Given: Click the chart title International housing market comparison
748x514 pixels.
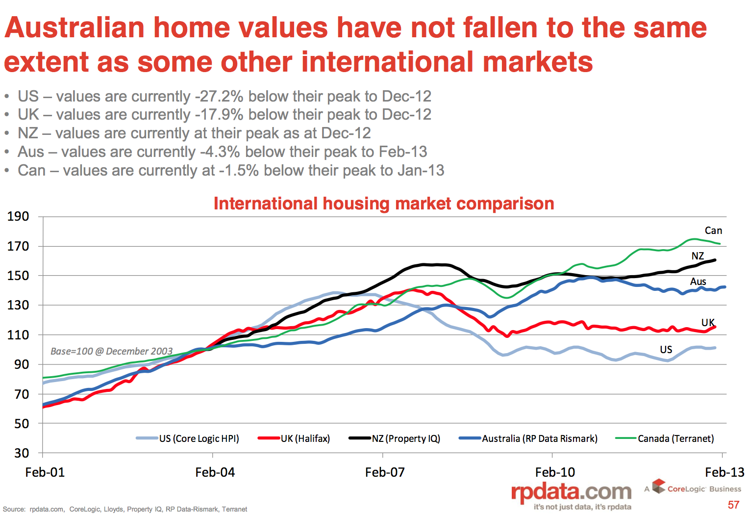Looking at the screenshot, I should [384, 204].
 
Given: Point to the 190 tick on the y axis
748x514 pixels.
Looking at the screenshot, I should [18, 216].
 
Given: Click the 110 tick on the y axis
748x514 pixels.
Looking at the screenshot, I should [18, 335].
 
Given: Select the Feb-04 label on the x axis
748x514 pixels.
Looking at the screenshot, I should [215, 472].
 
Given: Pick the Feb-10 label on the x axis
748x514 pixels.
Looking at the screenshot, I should [555, 472].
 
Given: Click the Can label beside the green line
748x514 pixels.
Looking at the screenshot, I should [713, 231].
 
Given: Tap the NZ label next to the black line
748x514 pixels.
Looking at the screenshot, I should [698, 256].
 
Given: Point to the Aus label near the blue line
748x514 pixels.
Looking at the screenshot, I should [698, 282].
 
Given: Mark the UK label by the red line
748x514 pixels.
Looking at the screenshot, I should [708, 323].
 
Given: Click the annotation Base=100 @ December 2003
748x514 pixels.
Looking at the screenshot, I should [112, 351].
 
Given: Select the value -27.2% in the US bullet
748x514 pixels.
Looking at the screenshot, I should [219, 96].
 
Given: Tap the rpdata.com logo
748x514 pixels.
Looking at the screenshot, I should [571, 492].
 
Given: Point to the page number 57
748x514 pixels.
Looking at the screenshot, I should [733, 505].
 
